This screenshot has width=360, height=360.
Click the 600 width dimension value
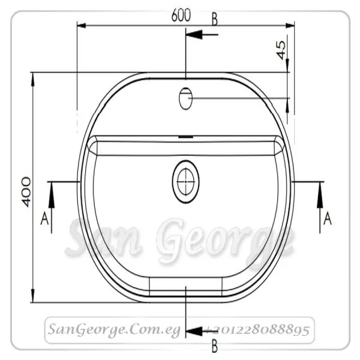click(x=181, y=16)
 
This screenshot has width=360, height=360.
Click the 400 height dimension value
click(x=26, y=192)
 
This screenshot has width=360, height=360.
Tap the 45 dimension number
click(x=281, y=50)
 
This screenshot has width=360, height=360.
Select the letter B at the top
click(x=214, y=20)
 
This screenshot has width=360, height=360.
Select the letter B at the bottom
click(x=214, y=346)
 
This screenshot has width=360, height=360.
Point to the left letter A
click(x=44, y=218)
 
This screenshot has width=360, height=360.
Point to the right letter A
click(x=328, y=218)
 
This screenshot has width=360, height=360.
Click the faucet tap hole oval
click(x=185, y=98)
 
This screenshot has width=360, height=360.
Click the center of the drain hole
click(x=186, y=182)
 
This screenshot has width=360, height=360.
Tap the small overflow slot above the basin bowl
click(x=186, y=137)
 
